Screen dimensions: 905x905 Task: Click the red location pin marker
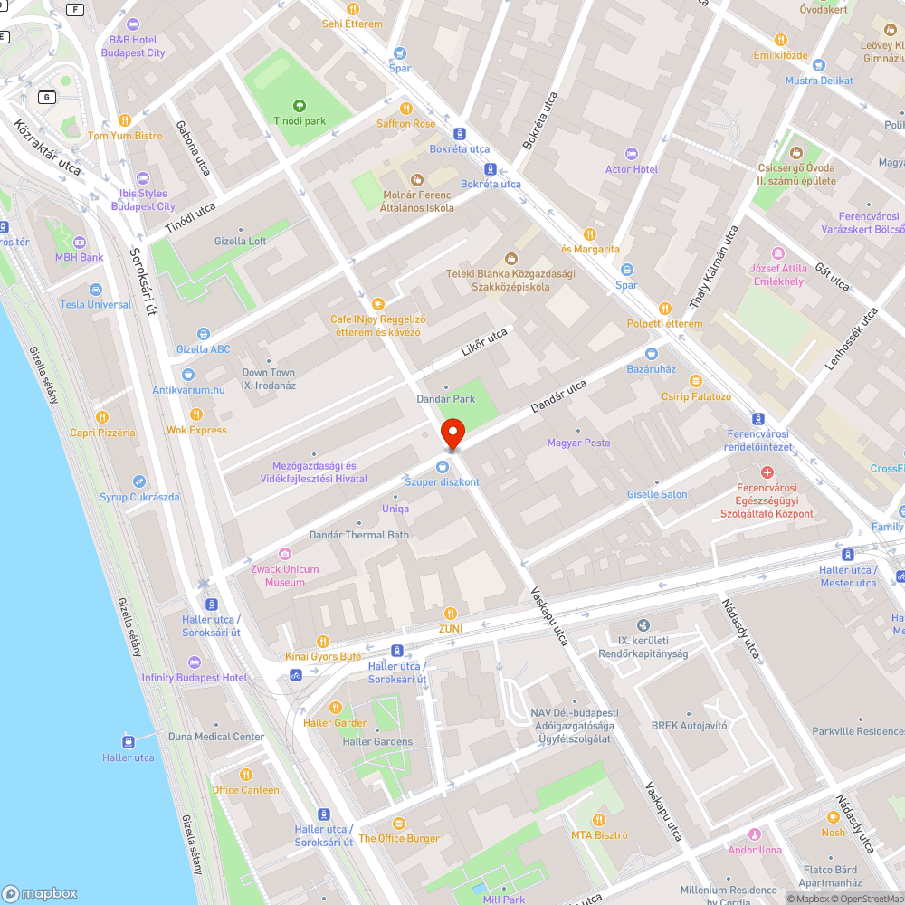coord(452,433)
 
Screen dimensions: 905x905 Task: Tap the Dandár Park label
coord(445,398)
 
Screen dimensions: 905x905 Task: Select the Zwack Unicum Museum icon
coord(285,554)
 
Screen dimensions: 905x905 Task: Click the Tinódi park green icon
coord(300,106)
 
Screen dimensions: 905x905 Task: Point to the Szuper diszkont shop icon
coord(442,467)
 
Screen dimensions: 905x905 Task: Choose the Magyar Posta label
coord(578,443)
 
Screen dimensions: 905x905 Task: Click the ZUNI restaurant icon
coord(451,613)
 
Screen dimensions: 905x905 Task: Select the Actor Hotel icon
coord(632,154)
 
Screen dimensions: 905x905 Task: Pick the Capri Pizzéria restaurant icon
coord(102,417)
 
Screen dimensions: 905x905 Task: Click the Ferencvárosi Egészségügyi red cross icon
coord(767,472)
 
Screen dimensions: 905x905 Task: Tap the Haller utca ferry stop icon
coord(128,741)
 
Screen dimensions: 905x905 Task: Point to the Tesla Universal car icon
coord(95,289)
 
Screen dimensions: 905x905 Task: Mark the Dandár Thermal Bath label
coord(358,535)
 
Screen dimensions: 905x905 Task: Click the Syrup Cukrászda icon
coord(138,481)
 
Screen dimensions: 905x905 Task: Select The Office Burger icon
coord(398,823)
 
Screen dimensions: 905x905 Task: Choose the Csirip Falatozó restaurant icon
coord(695,381)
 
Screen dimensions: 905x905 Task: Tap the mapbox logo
coord(40,893)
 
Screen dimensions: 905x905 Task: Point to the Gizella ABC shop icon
coord(204,334)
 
